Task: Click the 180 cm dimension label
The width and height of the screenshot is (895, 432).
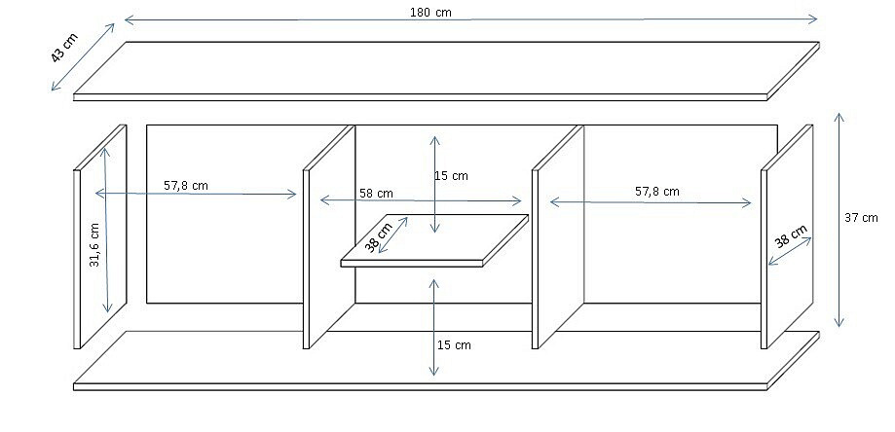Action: [431, 13]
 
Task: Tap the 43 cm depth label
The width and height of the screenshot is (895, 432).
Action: [64, 48]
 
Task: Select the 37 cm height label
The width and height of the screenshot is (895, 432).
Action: [861, 218]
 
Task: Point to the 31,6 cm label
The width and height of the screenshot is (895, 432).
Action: [94, 244]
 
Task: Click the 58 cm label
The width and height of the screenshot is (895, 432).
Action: [376, 194]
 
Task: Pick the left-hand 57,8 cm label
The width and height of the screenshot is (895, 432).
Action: [186, 185]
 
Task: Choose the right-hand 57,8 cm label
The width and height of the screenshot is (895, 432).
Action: [657, 192]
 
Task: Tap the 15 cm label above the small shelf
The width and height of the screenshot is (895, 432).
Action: [451, 176]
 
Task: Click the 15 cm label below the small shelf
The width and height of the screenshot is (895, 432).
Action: [454, 344]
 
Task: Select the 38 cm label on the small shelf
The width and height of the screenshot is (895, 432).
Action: [378, 236]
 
